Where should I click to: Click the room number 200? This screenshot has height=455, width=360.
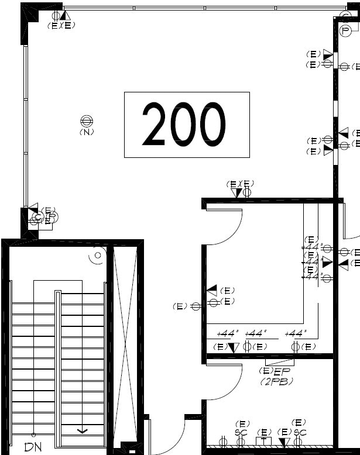(184, 124)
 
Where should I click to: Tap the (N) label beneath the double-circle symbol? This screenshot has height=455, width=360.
(87, 132)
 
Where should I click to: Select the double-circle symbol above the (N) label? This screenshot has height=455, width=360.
(87, 121)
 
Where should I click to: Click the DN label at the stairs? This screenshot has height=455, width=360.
(33, 447)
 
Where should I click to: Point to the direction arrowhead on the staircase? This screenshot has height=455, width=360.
(82, 431)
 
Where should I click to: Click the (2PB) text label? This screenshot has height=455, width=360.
(276, 381)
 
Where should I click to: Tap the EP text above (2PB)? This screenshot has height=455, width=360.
(282, 371)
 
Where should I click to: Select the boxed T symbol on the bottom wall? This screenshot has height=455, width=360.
(264, 442)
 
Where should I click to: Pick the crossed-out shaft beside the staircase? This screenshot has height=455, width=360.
(124, 345)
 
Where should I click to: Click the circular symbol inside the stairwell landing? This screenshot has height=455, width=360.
(96, 256)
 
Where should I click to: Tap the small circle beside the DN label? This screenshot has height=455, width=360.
(33, 435)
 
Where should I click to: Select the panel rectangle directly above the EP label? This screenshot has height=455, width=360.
(280, 362)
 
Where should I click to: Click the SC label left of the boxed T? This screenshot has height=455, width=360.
(241, 432)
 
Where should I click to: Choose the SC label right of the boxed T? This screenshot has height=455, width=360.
(300, 432)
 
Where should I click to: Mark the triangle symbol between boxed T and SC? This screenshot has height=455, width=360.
(284, 442)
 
